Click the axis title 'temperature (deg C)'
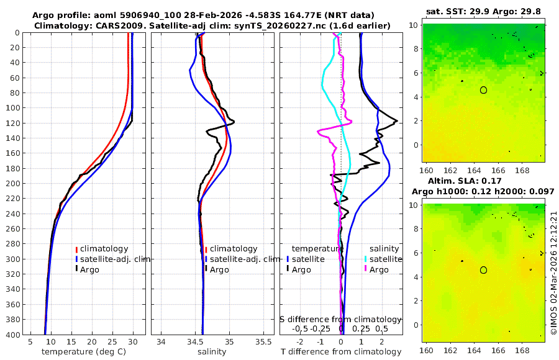(x=85, y=352)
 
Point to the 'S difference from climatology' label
(x=341, y=318)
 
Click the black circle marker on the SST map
(x=483, y=90)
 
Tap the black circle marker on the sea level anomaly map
(x=483, y=270)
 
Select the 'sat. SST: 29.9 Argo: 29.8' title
(x=484, y=11)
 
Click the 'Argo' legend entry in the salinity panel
(x=219, y=269)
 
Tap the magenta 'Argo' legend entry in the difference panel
(x=379, y=269)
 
